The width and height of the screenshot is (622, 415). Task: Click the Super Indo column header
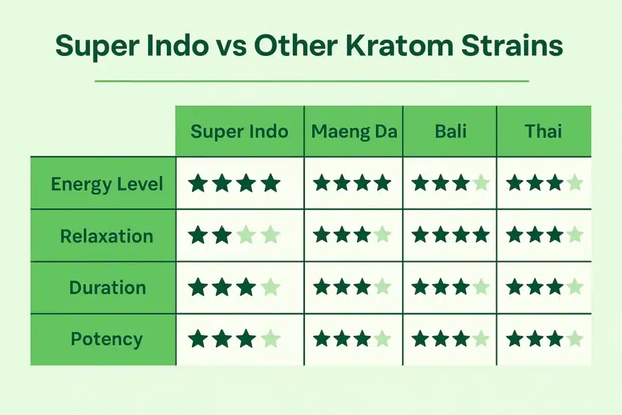point(239,131)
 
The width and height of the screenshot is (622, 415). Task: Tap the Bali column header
point(449,131)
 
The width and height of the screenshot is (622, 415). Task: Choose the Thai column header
point(544,131)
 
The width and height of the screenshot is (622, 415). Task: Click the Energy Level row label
point(107,183)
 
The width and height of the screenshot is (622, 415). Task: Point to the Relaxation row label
point(106,236)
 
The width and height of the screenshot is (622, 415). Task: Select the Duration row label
point(108,287)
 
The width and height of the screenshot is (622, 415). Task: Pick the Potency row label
point(107,339)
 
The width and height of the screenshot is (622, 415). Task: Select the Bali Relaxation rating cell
point(450,236)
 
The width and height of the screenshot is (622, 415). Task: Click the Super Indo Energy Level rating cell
point(234,183)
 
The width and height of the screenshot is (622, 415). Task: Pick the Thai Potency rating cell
point(544,339)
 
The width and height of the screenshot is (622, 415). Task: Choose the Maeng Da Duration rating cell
point(352,287)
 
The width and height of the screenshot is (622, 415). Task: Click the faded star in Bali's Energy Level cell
point(481,183)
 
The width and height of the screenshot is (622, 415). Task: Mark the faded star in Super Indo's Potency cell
point(271,339)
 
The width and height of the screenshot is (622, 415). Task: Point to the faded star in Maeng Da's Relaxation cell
point(383,235)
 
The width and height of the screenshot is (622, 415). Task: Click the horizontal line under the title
point(312,81)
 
